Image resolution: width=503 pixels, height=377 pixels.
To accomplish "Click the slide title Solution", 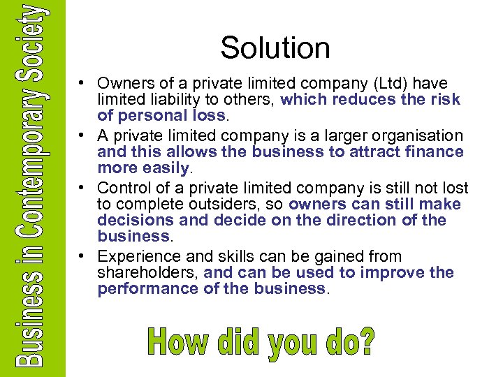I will point(275,48).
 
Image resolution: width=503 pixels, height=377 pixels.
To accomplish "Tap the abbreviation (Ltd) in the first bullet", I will point(353,84).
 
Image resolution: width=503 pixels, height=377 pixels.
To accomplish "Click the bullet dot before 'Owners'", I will point(82,84).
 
